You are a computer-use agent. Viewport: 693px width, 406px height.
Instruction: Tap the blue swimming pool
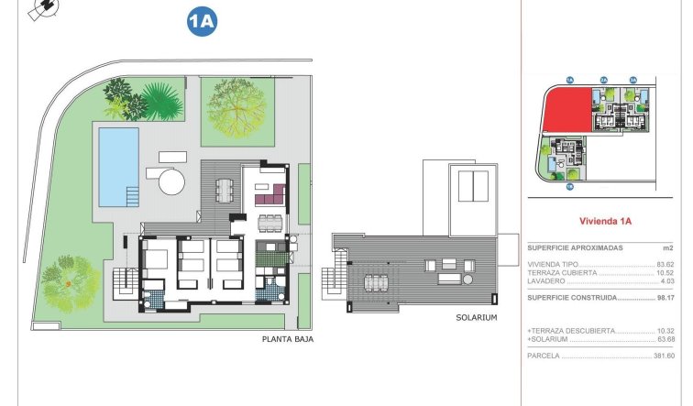[117, 165]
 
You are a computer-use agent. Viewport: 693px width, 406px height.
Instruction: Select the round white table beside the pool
[170, 180]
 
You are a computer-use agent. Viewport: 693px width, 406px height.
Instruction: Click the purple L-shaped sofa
[272, 192]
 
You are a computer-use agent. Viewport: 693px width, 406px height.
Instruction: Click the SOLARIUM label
[476, 317]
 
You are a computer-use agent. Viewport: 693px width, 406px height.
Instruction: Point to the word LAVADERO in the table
[547, 280]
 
